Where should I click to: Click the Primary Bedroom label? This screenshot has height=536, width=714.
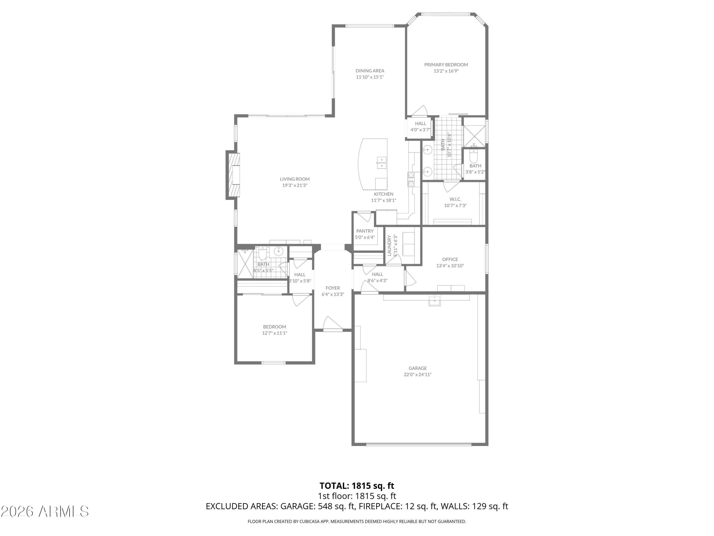(446, 65)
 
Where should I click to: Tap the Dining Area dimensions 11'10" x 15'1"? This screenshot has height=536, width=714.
(370, 77)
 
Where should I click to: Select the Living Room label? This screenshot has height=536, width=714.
(295, 179)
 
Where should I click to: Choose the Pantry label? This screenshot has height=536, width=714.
(365, 231)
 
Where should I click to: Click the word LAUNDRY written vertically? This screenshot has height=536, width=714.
(389, 246)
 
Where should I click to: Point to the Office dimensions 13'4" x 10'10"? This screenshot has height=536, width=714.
(450, 266)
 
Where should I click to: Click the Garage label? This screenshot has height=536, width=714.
(418, 368)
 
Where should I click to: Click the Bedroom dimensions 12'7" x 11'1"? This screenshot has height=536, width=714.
(275, 333)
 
